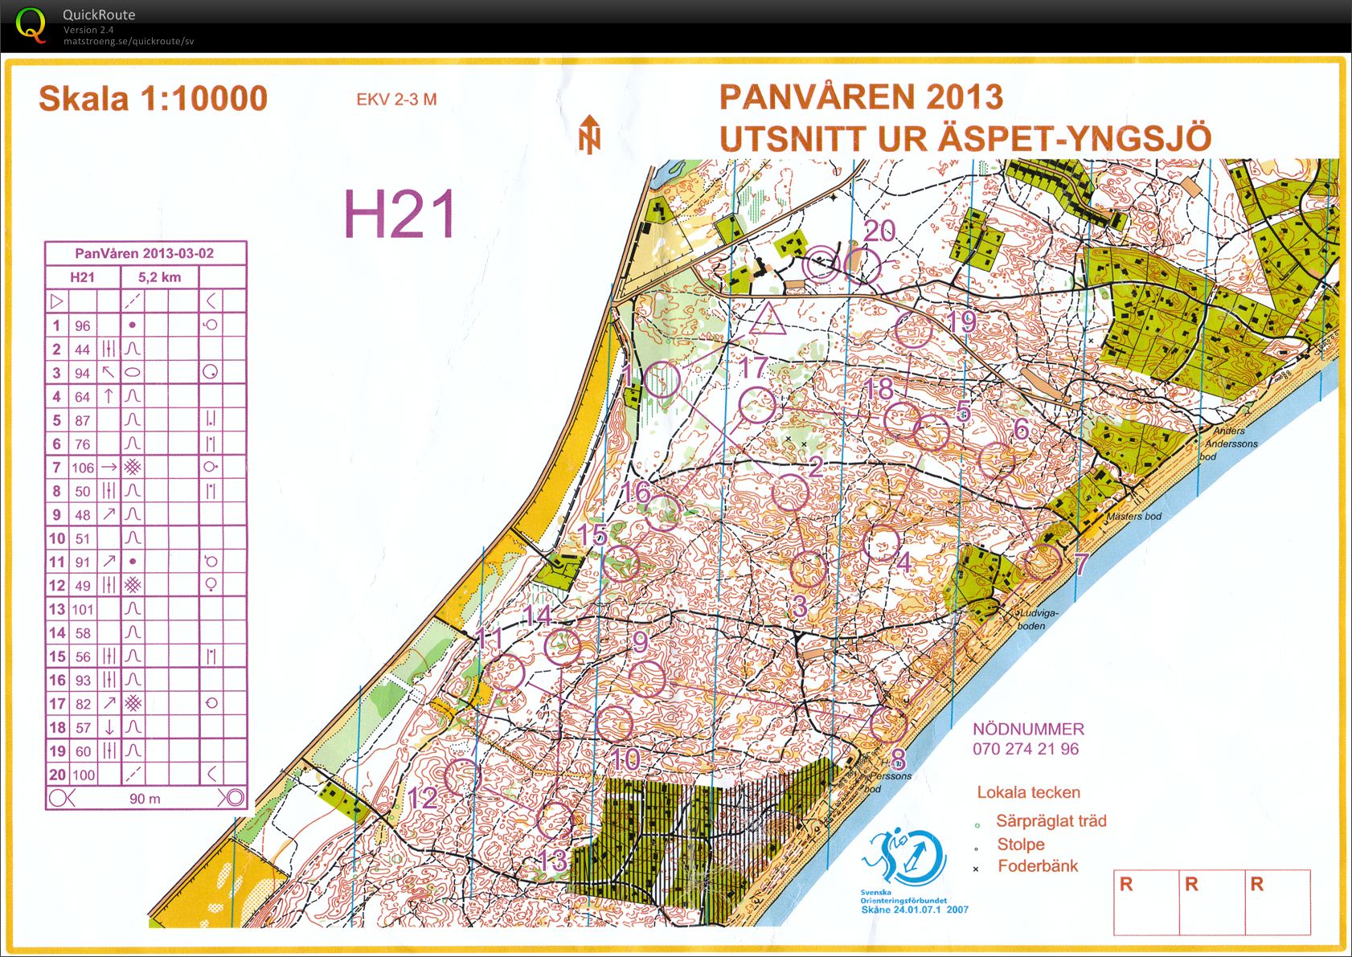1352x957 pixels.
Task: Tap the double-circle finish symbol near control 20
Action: pyautogui.click(x=821, y=264)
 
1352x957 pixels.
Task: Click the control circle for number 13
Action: pyautogui.click(x=555, y=820)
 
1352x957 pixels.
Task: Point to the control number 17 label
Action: pyautogui.click(x=753, y=368)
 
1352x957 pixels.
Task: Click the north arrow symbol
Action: pyautogui.click(x=590, y=134)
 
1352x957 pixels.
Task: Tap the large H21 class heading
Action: pyautogui.click(x=399, y=214)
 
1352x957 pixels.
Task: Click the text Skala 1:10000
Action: pyautogui.click(x=153, y=99)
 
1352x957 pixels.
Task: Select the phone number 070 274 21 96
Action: pyautogui.click(x=1026, y=749)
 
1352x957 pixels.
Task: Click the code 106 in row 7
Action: pyautogui.click(x=83, y=468)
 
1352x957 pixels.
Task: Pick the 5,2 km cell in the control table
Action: pyautogui.click(x=159, y=277)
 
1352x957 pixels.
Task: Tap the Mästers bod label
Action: pyautogui.click(x=1133, y=516)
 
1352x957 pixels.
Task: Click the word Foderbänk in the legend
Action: pyautogui.click(x=1038, y=866)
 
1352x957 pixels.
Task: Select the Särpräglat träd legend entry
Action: pyautogui.click(x=1051, y=821)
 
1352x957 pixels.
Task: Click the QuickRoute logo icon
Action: pyautogui.click(x=31, y=25)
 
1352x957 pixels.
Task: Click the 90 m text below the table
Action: pyautogui.click(x=145, y=799)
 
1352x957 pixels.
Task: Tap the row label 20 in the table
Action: pyautogui.click(x=56, y=775)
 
